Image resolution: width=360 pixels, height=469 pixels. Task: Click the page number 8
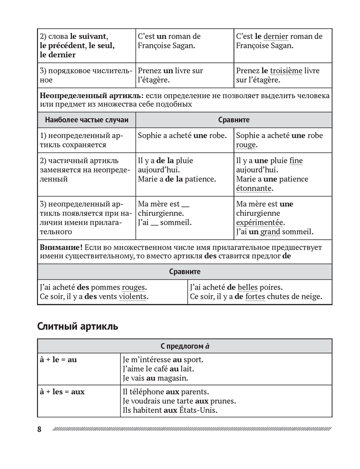pos(39,429)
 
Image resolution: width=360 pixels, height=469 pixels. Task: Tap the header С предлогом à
pos(184,347)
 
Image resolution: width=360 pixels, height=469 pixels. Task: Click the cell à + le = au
pos(58,360)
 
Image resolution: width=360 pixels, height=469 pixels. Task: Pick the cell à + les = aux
pos(62,391)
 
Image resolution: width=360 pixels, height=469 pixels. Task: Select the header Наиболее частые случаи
pos(86,120)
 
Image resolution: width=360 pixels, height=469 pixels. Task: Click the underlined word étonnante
pos(254,188)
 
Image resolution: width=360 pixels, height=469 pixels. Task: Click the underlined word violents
pos(132,296)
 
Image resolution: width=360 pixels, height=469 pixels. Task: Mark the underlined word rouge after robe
pos(246,145)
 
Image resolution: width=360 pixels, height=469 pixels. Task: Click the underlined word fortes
pos(258,296)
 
